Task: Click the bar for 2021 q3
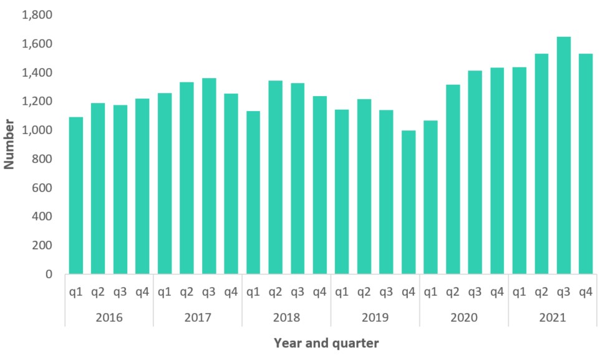point(563,155)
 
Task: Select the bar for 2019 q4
point(409,202)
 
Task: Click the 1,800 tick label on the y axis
point(37,15)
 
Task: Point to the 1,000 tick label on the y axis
point(37,130)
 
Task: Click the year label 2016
point(109,318)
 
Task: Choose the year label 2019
point(375,318)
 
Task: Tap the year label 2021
point(552,318)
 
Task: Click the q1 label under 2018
point(253,291)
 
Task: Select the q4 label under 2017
point(231,291)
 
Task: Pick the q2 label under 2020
point(453,291)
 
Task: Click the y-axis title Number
point(9,144)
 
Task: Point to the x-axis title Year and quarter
point(326,343)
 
